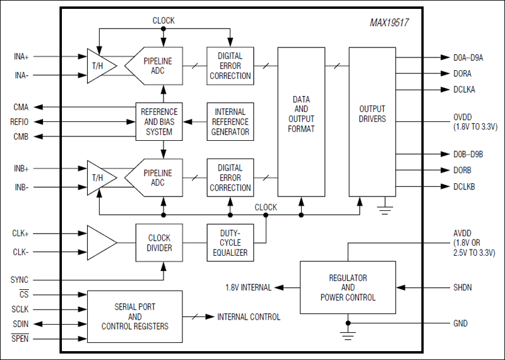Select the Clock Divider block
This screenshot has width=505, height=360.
click(159, 243)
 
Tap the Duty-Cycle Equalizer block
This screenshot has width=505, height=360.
click(230, 243)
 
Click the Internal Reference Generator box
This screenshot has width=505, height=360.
click(230, 122)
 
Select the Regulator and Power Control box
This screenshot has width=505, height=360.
click(347, 288)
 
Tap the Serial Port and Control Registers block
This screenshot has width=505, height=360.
click(134, 316)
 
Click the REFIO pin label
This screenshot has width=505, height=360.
click(20, 122)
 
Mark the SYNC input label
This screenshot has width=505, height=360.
click(20, 280)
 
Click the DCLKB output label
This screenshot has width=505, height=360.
click(464, 187)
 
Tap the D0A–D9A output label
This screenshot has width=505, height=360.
click(468, 57)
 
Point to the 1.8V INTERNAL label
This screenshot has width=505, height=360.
click(249, 288)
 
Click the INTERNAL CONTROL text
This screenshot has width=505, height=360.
click(249, 317)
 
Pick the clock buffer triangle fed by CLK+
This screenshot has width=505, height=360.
click(100, 243)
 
